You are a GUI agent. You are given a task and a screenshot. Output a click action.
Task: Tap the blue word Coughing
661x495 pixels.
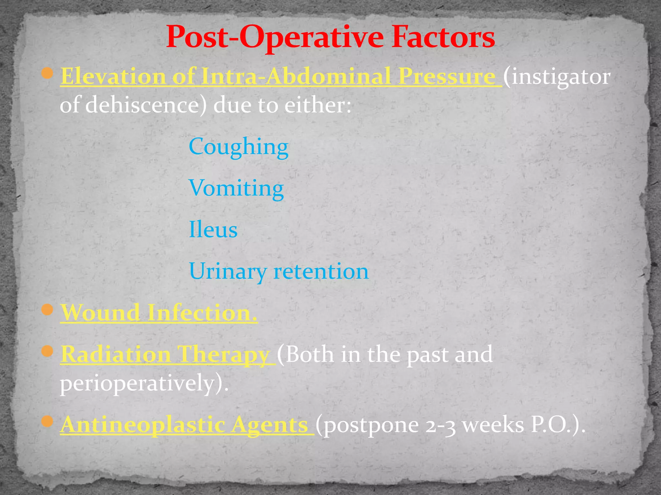(x=238, y=147)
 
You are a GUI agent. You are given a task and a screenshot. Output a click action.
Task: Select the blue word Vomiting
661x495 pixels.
(x=236, y=188)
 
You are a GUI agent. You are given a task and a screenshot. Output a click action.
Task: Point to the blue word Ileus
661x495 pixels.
(x=213, y=230)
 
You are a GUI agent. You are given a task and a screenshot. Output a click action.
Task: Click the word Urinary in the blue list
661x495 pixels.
(x=227, y=271)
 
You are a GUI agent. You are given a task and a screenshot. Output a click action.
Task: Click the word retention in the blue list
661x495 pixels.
(x=321, y=271)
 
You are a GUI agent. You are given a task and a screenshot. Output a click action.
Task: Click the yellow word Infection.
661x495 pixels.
(x=202, y=313)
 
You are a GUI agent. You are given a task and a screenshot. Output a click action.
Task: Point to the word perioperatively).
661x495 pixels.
(x=144, y=383)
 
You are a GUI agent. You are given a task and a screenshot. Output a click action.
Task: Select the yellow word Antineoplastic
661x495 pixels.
(x=143, y=425)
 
